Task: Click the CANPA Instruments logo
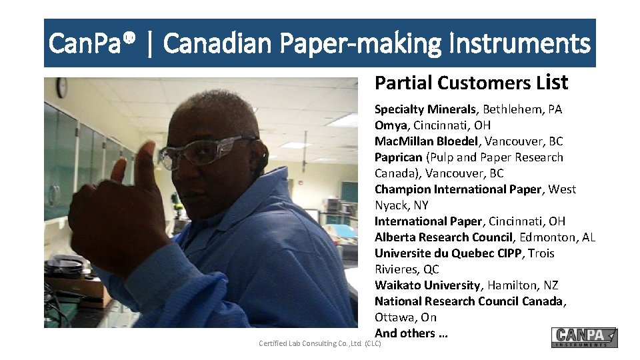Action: tap(584, 337)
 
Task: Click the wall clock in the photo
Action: tap(61, 87)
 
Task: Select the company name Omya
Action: tap(391, 125)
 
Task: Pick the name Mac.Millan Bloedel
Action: tap(427, 141)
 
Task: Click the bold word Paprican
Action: tap(399, 157)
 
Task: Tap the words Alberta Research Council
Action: tap(444, 237)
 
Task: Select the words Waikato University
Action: tap(428, 285)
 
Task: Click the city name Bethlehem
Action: tap(510, 109)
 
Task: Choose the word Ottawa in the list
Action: tap(395, 317)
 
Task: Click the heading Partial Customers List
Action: tap(471, 83)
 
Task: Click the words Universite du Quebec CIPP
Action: tap(449, 253)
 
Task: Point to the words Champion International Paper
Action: tap(458, 189)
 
